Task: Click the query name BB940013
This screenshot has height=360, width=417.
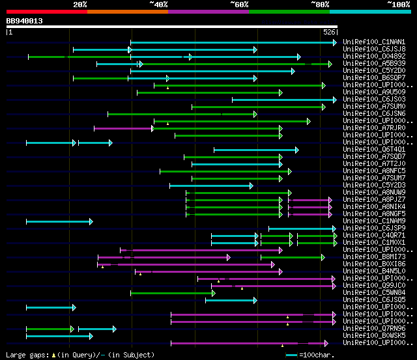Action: click(25, 21)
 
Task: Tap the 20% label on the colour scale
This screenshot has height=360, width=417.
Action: click(80, 5)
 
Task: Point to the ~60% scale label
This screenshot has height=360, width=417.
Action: click(239, 5)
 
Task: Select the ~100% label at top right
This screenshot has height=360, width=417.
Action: click(398, 5)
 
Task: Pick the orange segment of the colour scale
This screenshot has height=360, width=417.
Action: click(127, 12)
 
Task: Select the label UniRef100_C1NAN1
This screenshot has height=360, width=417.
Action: click(374, 42)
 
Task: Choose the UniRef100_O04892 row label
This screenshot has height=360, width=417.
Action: click(374, 57)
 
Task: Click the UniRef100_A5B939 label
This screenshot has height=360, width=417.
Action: click(374, 64)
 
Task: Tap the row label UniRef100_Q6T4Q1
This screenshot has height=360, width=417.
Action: click(374, 150)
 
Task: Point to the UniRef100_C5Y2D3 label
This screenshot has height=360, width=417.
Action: click(374, 186)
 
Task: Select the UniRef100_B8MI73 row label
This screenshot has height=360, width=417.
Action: click(374, 257)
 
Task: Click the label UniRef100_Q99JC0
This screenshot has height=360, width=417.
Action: click(374, 286)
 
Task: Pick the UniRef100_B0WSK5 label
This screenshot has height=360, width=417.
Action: click(374, 336)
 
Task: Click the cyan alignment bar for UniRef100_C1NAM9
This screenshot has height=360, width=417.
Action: click(59, 221)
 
